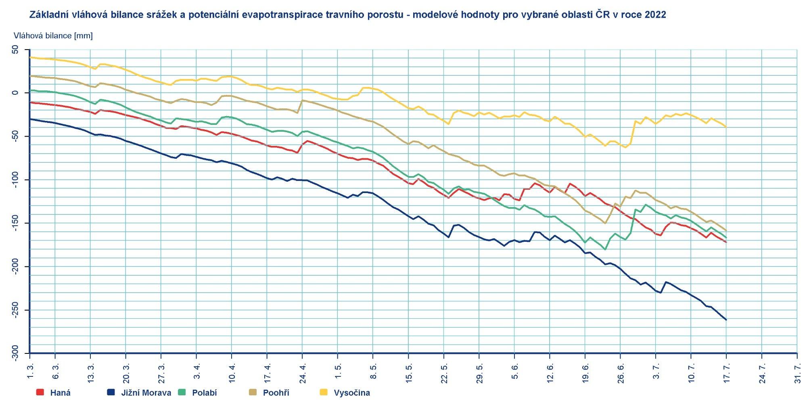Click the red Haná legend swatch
(x=40, y=392)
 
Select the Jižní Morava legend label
(x=146, y=393)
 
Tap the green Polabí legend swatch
(x=182, y=392)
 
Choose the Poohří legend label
(x=276, y=393)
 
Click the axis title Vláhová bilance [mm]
(x=53, y=36)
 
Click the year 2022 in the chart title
(x=655, y=15)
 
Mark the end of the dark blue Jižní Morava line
(x=726, y=320)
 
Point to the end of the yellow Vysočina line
(x=726, y=127)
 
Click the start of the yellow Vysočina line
(x=30, y=57)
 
